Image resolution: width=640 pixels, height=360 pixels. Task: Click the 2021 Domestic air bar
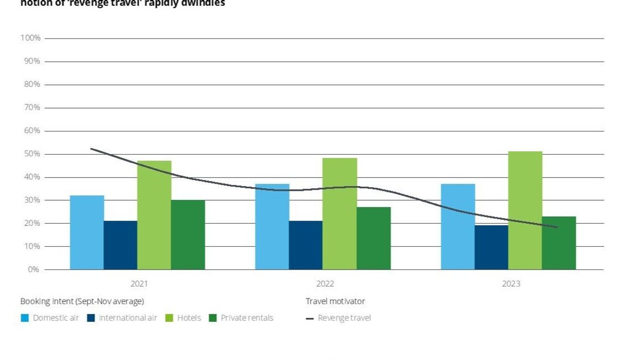[87, 232]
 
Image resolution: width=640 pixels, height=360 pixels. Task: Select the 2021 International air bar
[120, 245]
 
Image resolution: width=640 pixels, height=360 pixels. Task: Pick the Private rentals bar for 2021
[188, 235]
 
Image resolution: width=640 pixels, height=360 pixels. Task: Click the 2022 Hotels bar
[340, 213]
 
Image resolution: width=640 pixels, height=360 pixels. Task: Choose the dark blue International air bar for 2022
[306, 245]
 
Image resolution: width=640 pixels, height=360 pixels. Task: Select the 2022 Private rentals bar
[374, 238]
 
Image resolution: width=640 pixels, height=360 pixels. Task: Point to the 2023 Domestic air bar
[458, 227]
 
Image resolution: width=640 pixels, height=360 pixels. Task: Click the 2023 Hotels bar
[525, 210]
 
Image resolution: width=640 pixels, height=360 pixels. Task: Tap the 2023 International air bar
[491, 247]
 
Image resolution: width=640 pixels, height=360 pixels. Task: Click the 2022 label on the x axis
[325, 284]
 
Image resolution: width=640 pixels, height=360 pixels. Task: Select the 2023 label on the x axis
[510, 284]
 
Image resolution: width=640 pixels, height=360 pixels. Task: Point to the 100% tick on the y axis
[30, 38]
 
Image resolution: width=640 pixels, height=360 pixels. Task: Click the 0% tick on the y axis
[34, 269]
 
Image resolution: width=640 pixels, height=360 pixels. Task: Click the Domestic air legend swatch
[25, 318]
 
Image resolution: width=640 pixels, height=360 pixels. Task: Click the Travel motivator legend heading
[335, 301]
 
